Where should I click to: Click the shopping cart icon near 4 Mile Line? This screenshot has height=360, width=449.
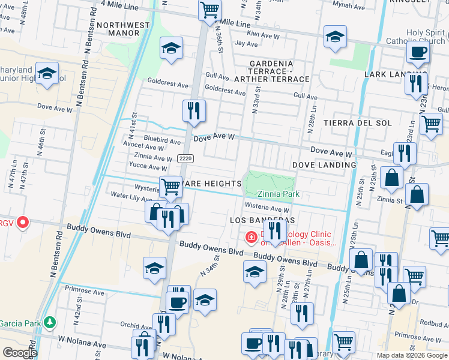click(x=209, y=10)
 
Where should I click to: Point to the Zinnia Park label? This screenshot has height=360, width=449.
click(x=278, y=194)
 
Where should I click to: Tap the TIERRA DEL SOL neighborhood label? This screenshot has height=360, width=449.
click(x=358, y=123)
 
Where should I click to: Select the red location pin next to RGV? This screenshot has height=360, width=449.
click(x=23, y=223)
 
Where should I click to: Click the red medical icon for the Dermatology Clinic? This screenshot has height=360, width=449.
click(x=251, y=239)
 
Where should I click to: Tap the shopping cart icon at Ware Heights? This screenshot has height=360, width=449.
click(x=170, y=188)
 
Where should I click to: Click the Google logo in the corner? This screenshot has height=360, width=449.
click(x=19, y=353)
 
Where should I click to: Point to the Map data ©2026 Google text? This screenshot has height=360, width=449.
click(x=412, y=355)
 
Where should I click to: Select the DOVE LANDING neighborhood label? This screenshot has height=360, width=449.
click(x=324, y=165)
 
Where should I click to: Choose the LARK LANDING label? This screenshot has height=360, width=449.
click(x=387, y=74)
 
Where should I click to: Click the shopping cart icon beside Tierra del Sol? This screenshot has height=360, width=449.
click(x=431, y=124)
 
